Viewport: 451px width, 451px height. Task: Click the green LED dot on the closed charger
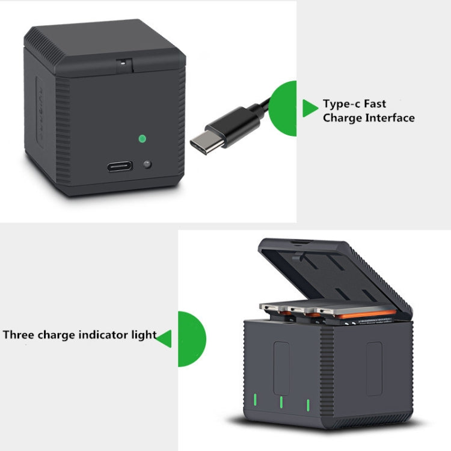pos(142,138)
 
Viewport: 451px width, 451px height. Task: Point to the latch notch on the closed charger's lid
pos(124,63)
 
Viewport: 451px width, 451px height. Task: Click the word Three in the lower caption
pos(19,335)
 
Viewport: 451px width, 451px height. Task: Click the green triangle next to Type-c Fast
pos(309,108)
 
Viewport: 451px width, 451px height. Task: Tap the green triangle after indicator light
pos(164,339)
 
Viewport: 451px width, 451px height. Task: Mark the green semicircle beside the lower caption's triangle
pos(191,339)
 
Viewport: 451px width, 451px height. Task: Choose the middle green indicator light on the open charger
pos(280,402)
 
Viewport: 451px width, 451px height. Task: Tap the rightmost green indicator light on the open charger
pos(307,405)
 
